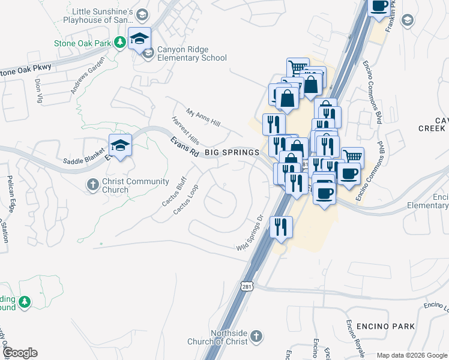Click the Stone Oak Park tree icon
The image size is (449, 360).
[120, 41]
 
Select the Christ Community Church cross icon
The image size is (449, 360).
[92, 184]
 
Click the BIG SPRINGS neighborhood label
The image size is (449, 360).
[232, 152]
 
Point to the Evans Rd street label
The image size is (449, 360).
[184, 146]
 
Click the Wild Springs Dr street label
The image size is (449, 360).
[250, 233]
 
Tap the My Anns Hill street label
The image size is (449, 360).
[203, 118]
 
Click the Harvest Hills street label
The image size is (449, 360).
[185, 130]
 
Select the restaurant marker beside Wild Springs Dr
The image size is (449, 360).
[281, 227]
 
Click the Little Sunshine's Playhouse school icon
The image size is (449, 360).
[142, 14]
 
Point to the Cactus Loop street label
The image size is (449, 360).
[185, 199]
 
